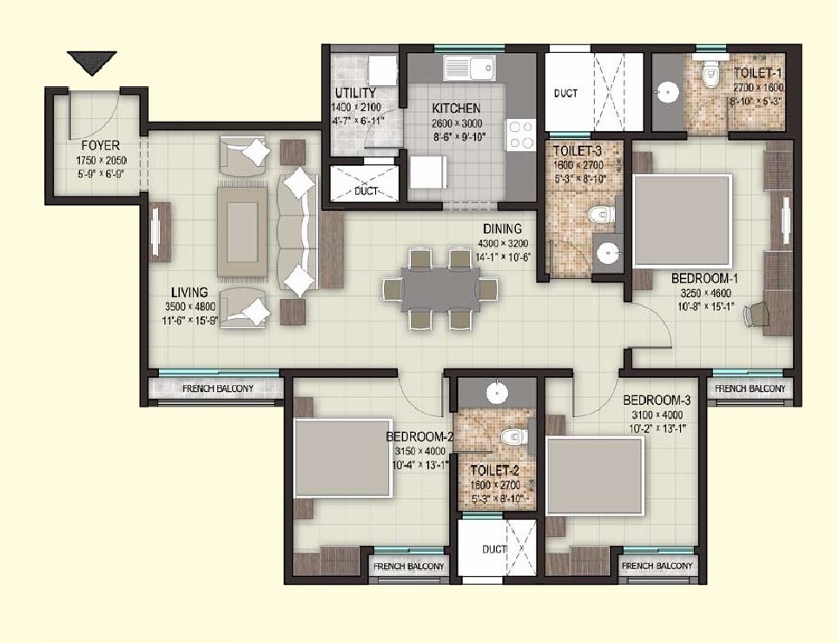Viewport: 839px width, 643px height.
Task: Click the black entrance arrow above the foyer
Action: point(92,63)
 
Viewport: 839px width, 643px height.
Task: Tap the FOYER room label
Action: point(101,146)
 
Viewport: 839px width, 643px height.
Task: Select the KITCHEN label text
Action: point(456,109)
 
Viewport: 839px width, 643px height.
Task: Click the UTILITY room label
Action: point(355,93)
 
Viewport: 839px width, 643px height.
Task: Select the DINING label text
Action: point(504,229)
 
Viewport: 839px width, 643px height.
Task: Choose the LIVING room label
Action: point(188,292)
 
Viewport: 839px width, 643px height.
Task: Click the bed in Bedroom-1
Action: point(682,221)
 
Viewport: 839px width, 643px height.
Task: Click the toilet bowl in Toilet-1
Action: point(712,76)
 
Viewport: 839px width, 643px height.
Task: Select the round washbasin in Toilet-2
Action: point(496,393)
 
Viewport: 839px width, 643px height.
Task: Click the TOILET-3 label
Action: point(577,149)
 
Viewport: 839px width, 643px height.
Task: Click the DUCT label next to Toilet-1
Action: point(566,93)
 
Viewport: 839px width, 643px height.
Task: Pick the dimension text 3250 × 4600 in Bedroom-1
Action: point(704,293)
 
